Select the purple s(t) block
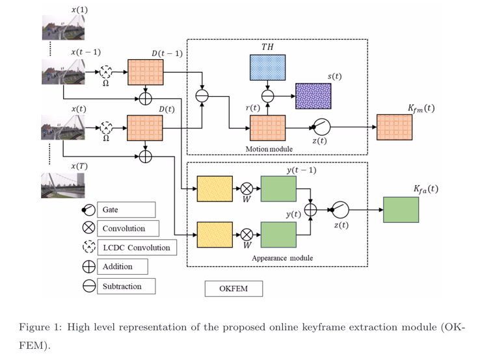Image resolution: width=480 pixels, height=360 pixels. (313, 96)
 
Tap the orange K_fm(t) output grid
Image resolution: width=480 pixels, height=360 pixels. (394, 126)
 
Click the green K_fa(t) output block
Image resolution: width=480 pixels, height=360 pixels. (401, 209)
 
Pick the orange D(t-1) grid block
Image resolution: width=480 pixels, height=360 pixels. (146, 71)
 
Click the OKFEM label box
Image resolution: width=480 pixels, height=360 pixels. (233, 289)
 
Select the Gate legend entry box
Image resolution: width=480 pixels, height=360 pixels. (127, 210)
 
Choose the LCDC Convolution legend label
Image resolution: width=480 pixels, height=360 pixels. (137, 248)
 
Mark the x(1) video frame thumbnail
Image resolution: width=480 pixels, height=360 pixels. (63, 29)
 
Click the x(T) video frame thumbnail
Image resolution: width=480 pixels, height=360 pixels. (63, 185)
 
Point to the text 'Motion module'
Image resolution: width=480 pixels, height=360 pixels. (269, 149)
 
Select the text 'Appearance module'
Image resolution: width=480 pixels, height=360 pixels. (282, 258)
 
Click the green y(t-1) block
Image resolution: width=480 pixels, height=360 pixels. (278, 189)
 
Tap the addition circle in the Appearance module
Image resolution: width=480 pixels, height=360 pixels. (311, 209)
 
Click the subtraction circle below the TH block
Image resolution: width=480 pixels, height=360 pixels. (267, 96)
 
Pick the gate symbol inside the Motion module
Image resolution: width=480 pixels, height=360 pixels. (322, 125)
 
